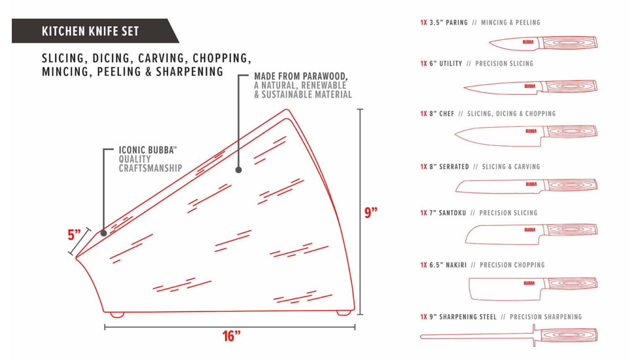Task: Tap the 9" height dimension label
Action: pyautogui.click(x=370, y=213)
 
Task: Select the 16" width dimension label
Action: pyautogui.click(x=232, y=336)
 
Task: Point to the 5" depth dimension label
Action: pyautogui.click(x=75, y=235)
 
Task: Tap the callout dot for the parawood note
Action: pyautogui.click(x=238, y=170)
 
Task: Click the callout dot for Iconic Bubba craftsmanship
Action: pyautogui.click(x=103, y=233)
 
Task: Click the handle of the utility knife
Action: pyautogui.click(x=570, y=86)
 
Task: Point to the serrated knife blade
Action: pyautogui.click(x=500, y=186)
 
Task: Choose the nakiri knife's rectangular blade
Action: pyautogui.click(x=505, y=289)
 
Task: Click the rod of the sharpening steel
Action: pyautogui.click(x=476, y=336)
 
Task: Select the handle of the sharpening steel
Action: pyautogui.click(x=567, y=336)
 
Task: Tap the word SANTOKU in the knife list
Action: pyautogui.click(x=452, y=213)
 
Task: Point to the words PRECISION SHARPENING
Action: pyautogui.click(x=546, y=317)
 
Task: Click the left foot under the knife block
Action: pyautogui.click(x=118, y=315)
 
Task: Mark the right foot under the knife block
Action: pyautogui.click(x=344, y=313)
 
